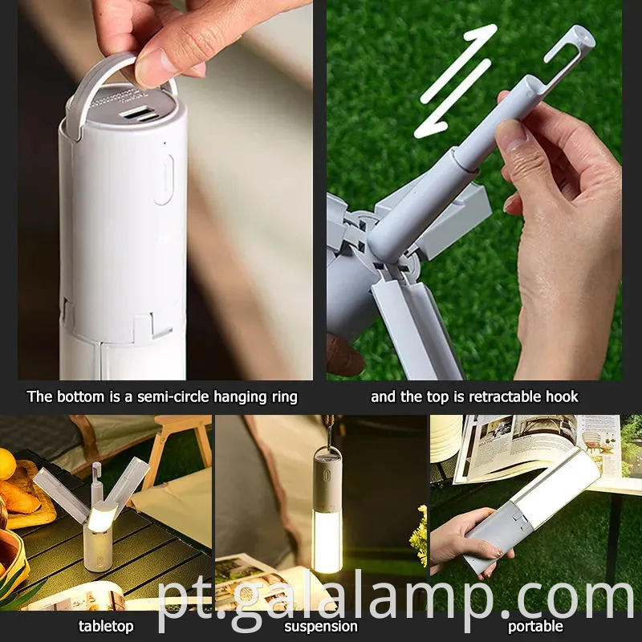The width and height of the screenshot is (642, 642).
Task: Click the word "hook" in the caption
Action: [561, 396]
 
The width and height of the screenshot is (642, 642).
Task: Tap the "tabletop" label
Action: [106, 626]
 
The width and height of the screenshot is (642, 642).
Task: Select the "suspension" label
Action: [321, 626]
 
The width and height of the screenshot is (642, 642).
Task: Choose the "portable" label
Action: [536, 626]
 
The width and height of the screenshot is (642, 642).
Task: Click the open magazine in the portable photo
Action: [530, 445]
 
